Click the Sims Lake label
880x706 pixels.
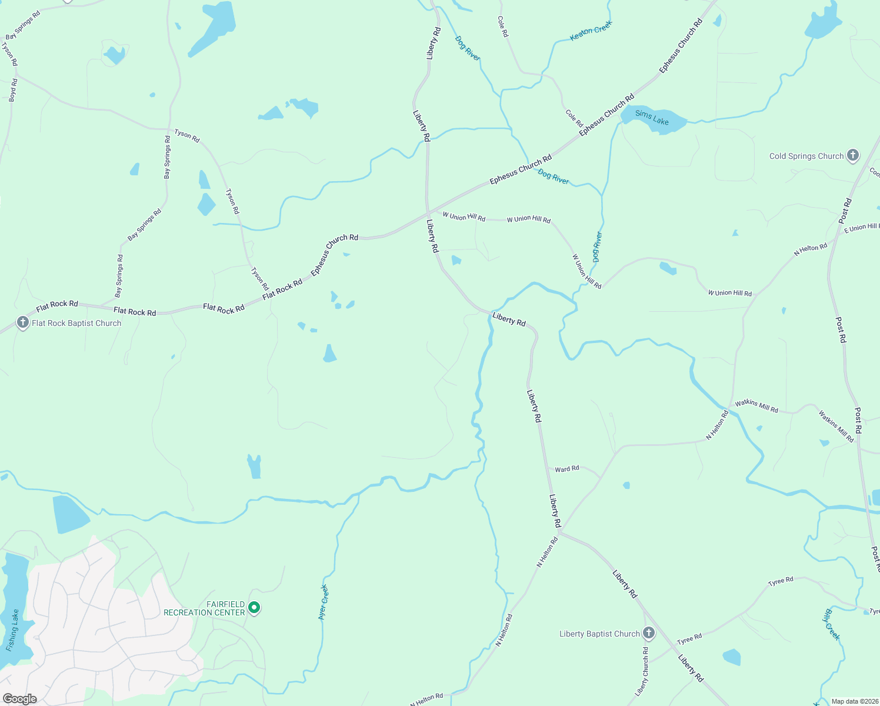(x=652, y=118)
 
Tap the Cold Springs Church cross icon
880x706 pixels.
(x=853, y=156)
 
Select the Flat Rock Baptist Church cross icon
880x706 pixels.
(x=22, y=322)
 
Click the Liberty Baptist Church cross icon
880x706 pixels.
(x=648, y=633)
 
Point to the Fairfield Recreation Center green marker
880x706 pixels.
(x=254, y=607)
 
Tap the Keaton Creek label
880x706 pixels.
(x=591, y=31)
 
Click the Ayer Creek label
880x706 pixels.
(x=324, y=602)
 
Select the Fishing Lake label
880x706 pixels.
(x=13, y=630)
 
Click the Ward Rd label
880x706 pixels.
(x=567, y=469)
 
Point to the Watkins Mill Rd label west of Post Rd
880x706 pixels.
(x=756, y=406)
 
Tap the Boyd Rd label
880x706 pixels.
(x=13, y=90)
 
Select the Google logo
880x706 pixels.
(x=19, y=699)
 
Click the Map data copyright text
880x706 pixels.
(x=855, y=701)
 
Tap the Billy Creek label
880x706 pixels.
(x=831, y=625)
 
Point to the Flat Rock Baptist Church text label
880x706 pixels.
(x=76, y=323)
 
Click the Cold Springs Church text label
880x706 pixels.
(x=806, y=156)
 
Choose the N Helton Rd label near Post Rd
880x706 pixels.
(x=811, y=249)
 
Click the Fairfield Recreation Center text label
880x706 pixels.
(x=204, y=608)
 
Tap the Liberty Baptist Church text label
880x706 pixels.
(x=599, y=634)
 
